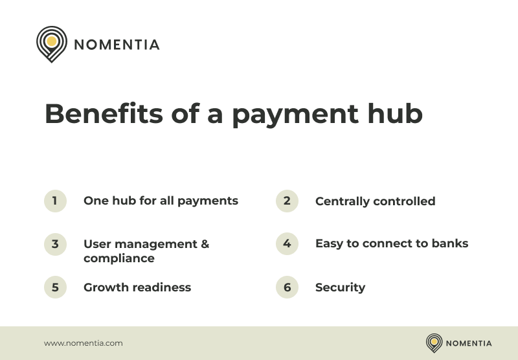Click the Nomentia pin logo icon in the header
click(52, 43)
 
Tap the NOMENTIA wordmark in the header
click(117, 45)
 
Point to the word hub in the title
click(394, 115)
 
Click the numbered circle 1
click(55, 201)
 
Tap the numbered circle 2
click(287, 201)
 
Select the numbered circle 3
click(55, 244)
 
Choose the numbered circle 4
click(287, 244)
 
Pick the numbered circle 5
click(55, 287)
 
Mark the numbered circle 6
click(287, 287)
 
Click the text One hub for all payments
click(161, 201)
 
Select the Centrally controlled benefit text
click(375, 201)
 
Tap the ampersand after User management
click(205, 244)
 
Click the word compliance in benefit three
click(119, 258)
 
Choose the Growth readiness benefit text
click(137, 287)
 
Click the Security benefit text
click(340, 287)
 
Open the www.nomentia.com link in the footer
click(83, 343)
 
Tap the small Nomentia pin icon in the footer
click(434, 343)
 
